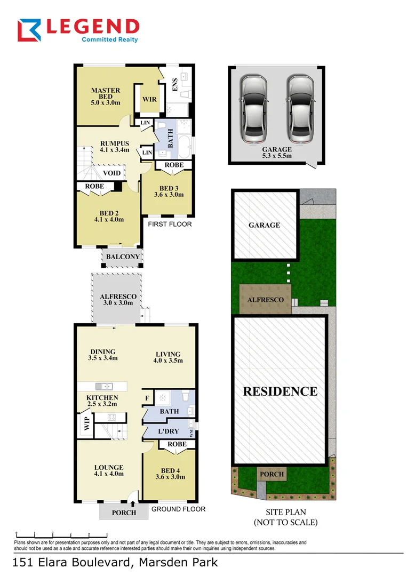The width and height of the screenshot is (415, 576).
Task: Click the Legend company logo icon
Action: pyautogui.click(x=30, y=30)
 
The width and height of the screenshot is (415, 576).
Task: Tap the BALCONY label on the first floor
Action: pyautogui.click(x=123, y=257)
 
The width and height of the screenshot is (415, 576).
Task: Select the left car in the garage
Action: pyautogui.click(x=253, y=110)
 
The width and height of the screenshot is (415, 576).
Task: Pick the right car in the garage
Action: pyautogui.click(x=299, y=110)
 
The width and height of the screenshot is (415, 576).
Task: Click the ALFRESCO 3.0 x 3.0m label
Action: pyautogui.click(x=118, y=299)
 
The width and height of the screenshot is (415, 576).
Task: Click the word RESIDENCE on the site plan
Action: pyautogui.click(x=280, y=391)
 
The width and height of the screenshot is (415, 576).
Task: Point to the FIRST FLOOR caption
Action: pyautogui.click(x=170, y=224)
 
